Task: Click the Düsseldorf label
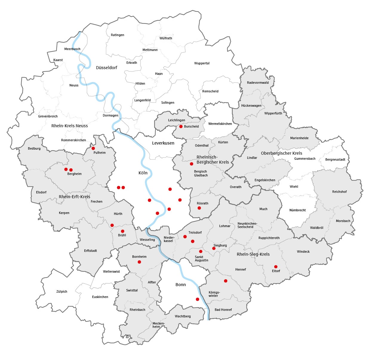point(107,68)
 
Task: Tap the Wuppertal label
point(202,63)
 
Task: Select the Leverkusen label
point(163,143)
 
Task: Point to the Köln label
point(143,173)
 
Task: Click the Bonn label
point(181,285)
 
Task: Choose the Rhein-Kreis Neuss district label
point(70,126)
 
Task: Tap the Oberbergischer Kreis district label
point(281,153)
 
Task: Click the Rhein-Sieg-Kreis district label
point(253,254)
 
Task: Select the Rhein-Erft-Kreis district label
point(74,197)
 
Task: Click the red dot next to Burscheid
point(181,127)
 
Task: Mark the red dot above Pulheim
point(93,148)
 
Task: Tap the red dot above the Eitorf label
point(276,267)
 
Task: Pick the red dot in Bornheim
point(139,262)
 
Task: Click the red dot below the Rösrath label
point(199,208)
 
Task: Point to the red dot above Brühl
point(123,231)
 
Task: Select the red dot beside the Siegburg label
point(214,248)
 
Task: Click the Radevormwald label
point(258,83)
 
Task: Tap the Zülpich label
point(62,291)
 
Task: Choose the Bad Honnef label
point(223,310)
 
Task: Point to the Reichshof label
point(339,192)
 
